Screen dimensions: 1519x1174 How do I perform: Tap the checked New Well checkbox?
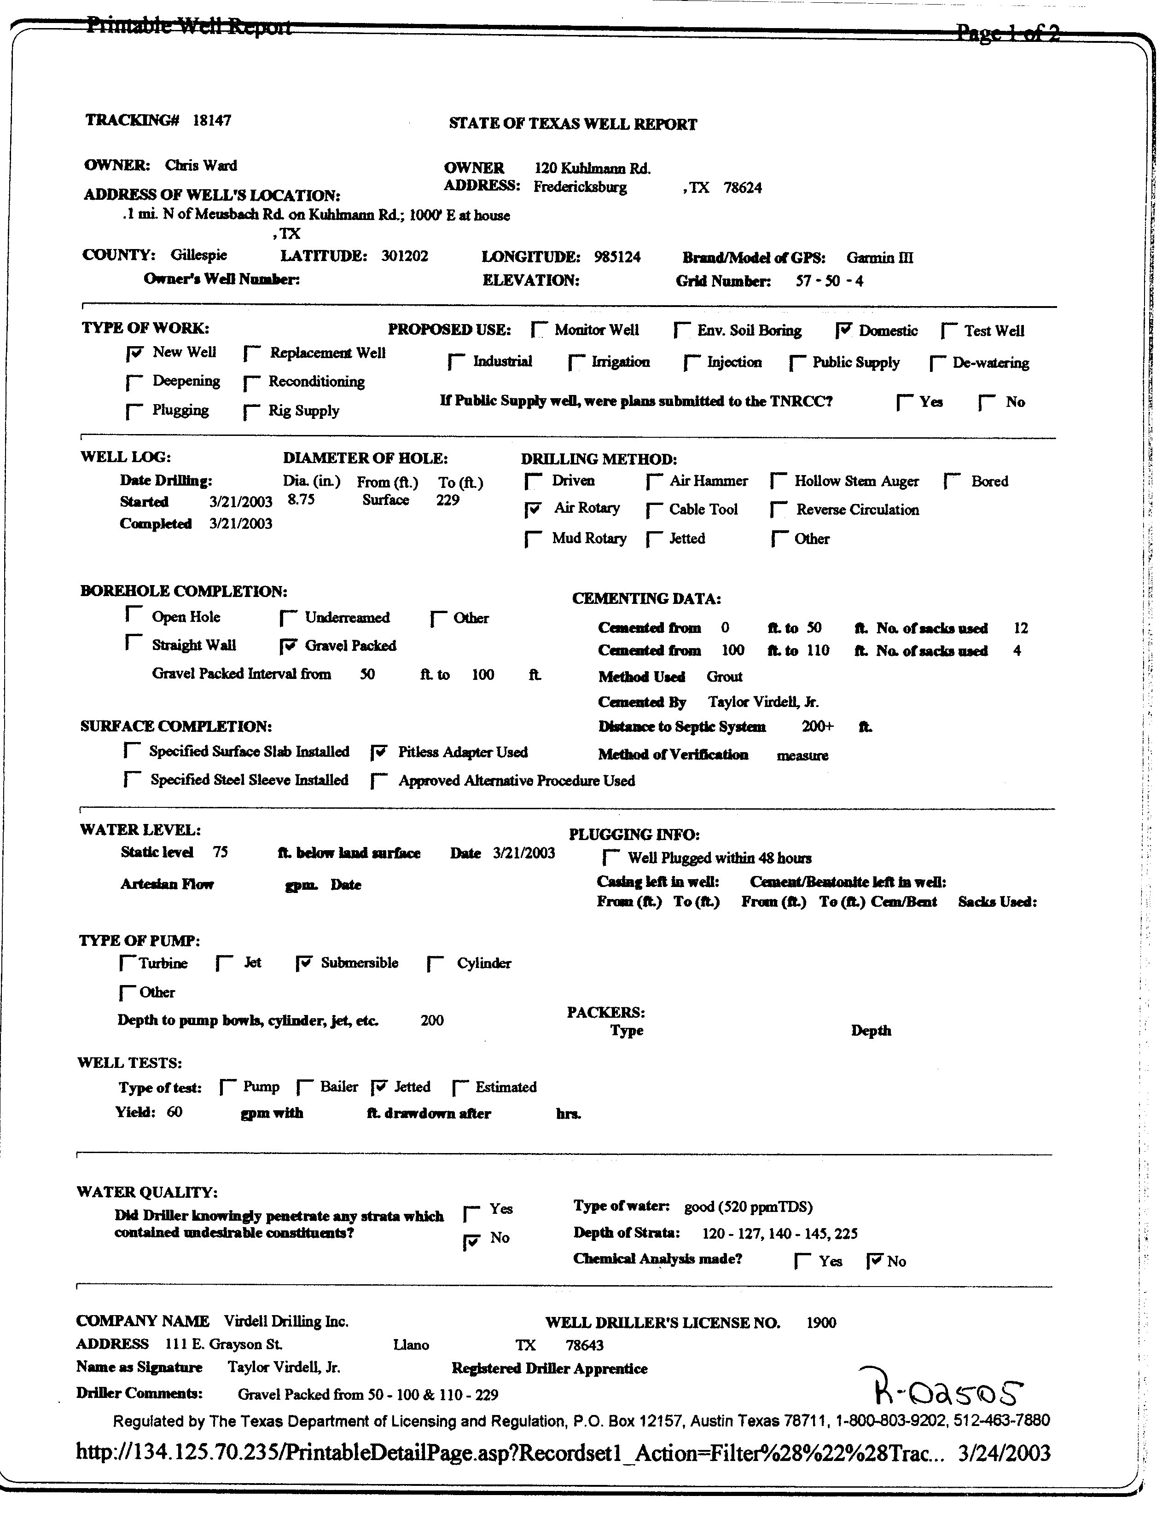(x=135, y=354)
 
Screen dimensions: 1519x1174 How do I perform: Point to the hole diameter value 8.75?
(x=301, y=500)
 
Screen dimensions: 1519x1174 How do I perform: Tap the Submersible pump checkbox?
(x=304, y=964)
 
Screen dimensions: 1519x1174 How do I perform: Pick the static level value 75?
(x=221, y=852)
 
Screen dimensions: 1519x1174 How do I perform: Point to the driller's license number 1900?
(x=821, y=1323)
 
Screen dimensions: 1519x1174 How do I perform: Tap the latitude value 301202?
(x=404, y=256)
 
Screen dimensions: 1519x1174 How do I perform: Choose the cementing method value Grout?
(x=724, y=677)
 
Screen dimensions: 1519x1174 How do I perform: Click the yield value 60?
(x=174, y=1112)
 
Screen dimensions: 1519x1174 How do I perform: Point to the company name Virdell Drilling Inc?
(x=286, y=1322)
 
